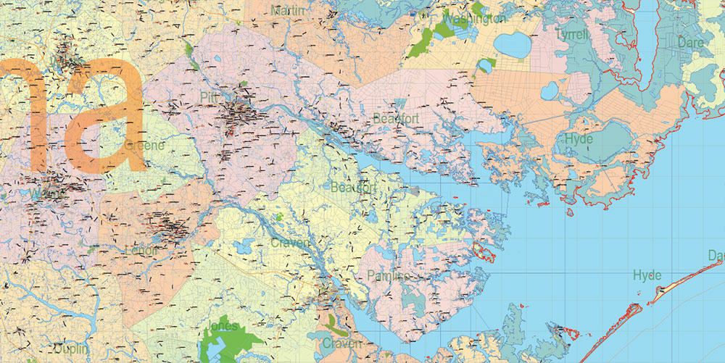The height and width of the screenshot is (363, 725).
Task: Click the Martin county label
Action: (288, 10)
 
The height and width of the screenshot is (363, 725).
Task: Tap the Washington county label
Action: (473, 19)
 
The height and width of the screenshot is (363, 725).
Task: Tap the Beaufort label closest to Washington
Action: (397, 118)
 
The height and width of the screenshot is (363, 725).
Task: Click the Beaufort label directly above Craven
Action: (354, 188)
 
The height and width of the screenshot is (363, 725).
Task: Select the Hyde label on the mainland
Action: (578, 138)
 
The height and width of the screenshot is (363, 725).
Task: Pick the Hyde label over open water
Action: (647, 275)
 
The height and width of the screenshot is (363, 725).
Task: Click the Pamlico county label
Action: (388, 276)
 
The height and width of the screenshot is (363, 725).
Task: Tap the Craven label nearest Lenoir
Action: (291, 242)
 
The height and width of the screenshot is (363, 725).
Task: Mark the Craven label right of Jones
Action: (341, 343)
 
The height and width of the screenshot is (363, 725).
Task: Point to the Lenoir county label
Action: (141, 250)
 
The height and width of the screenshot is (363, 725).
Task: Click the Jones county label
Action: (223, 326)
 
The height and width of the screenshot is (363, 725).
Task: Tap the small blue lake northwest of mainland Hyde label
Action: (550, 91)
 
